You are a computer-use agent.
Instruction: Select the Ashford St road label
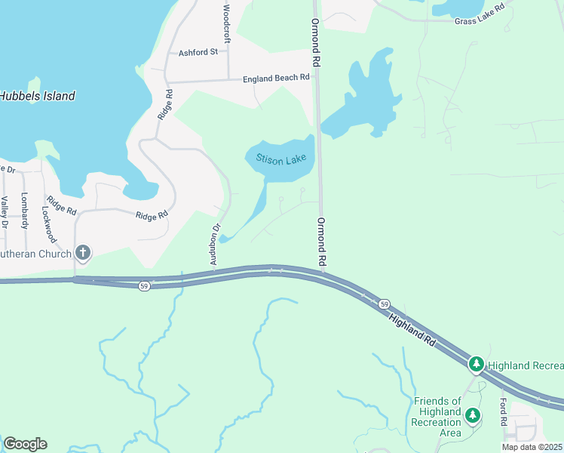coord(198,53)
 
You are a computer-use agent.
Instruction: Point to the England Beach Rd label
coord(276,78)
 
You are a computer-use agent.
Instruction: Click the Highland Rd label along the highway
coord(413,331)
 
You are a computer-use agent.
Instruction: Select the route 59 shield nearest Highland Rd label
coord(384,304)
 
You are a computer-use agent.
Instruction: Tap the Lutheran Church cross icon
coord(83,254)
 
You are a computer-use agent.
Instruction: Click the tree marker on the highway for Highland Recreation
coord(476,365)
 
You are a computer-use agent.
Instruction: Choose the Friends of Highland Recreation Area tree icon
coord(472,414)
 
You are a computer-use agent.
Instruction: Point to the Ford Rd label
coord(503,412)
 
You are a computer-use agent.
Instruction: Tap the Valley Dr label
coord(5,211)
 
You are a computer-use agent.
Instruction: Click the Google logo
coord(25,444)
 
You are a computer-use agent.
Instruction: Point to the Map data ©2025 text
coord(532,447)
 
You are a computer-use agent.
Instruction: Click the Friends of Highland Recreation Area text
coord(437,417)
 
